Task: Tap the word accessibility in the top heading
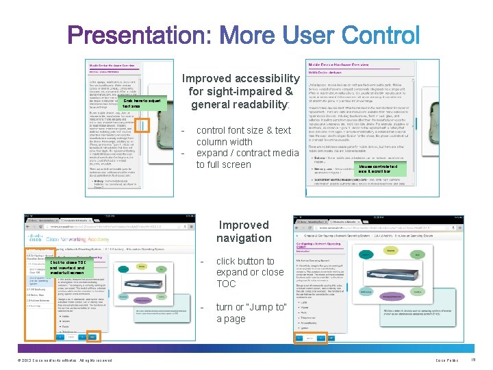(264, 79)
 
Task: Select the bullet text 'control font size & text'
(244, 130)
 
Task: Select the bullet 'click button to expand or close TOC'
(250, 272)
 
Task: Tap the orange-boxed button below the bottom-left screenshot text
(94, 336)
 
